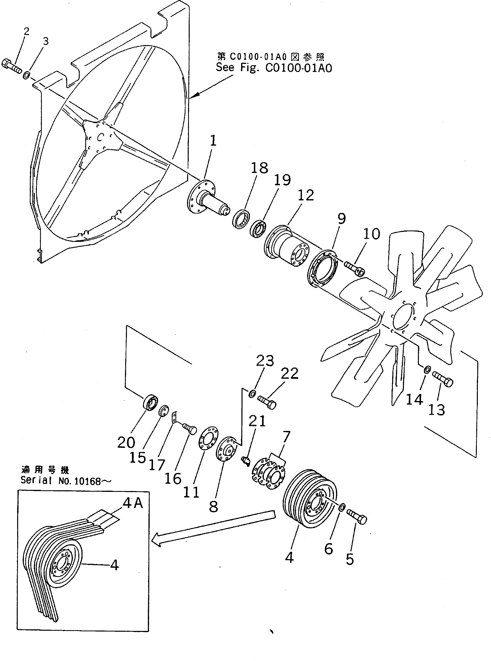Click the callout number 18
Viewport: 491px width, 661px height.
pos(259,168)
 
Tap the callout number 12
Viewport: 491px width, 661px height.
pos(305,195)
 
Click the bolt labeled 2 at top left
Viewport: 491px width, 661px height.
pos(12,67)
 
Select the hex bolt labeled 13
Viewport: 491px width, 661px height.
pos(443,379)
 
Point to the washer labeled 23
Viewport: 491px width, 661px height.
pos(252,394)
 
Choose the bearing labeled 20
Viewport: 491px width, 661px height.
pos(150,403)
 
